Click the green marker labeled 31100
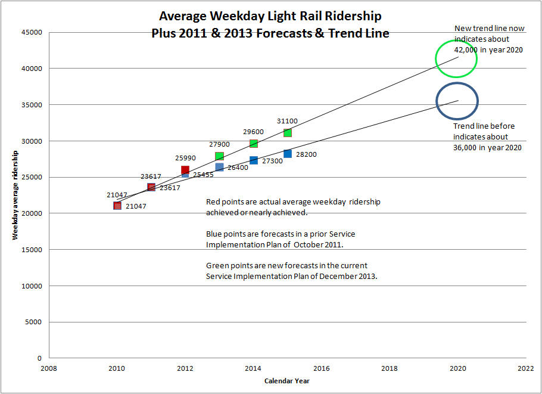[x=288, y=132]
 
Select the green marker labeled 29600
[x=254, y=144]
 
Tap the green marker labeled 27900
[x=219, y=156]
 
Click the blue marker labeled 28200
[x=288, y=154]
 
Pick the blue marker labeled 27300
[x=254, y=160]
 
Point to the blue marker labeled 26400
[x=219, y=167]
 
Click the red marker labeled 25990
[x=185, y=170]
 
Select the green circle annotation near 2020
[x=457, y=58]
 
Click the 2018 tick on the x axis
[x=390, y=368]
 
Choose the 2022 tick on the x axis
[x=526, y=368]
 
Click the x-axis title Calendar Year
[x=287, y=381]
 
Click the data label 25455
[x=203, y=175]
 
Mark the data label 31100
[x=287, y=121]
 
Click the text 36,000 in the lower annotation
[x=466, y=147]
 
